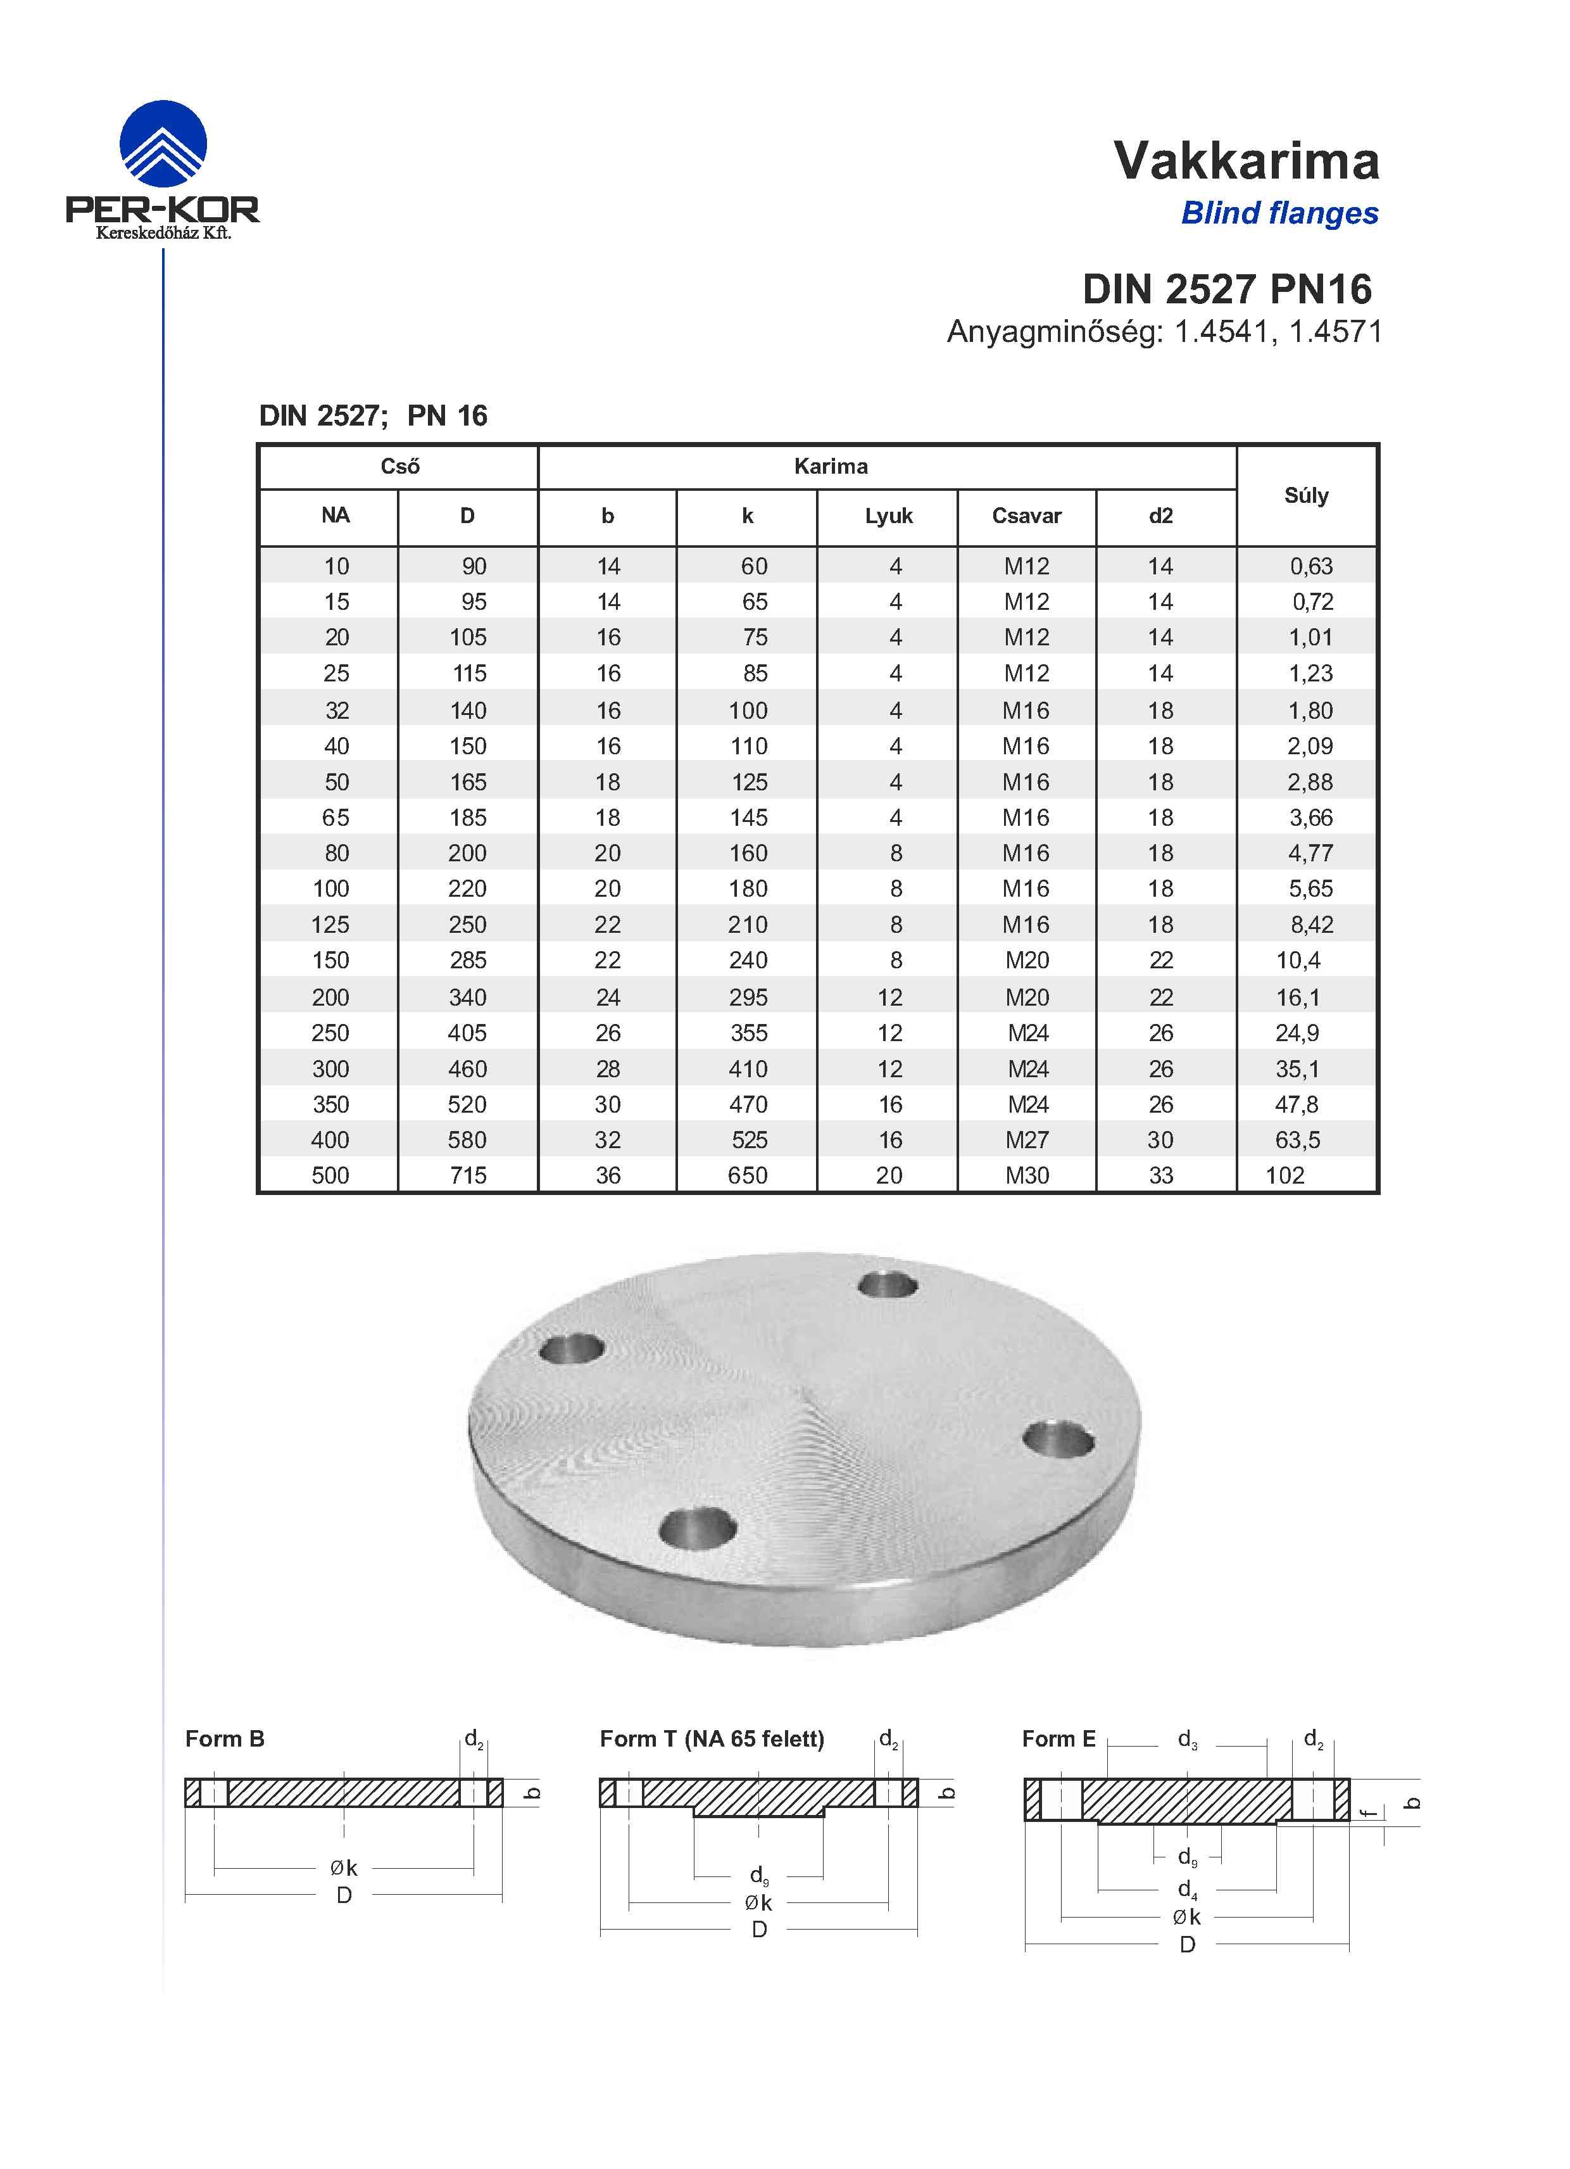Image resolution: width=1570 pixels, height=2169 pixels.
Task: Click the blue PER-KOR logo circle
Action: pyautogui.click(x=163, y=144)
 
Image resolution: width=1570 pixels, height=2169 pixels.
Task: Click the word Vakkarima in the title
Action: pyautogui.click(x=1246, y=161)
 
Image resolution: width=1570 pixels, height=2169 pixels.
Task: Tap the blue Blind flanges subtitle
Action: pyautogui.click(x=1279, y=213)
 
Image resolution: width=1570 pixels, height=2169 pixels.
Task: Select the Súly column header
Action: pyautogui.click(x=1306, y=495)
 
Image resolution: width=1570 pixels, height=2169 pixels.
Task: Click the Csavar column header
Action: pyautogui.click(x=1026, y=516)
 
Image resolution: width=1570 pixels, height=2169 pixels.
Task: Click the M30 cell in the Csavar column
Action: pyautogui.click(x=1027, y=1175)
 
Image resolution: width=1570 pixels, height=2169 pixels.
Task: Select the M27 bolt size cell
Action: pyautogui.click(x=1027, y=1140)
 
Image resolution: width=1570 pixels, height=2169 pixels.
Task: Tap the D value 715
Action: pyautogui.click(x=468, y=1175)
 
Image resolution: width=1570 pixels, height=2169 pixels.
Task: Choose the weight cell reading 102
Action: pyautogui.click(x=1285, y=1175)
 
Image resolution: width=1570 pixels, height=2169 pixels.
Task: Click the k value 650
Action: pyautogui.click(x=748, y=1175)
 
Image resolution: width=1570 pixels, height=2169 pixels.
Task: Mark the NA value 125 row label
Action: pyautogui.click(x=331, y=925)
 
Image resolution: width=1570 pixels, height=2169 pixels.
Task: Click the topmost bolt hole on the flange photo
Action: pyautogui.click(x=888, y=1284)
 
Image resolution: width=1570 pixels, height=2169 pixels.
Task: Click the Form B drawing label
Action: pyautogui.click(x=225, y=1738)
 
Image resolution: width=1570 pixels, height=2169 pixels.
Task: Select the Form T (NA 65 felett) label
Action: pyautogui.click(x=712, y=1738)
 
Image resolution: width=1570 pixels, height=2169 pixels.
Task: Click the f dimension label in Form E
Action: pyautogui.click(x=1370, y=1811)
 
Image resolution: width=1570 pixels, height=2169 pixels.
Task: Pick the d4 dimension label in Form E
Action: pyautogui.click(x=1186, y=1889)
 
